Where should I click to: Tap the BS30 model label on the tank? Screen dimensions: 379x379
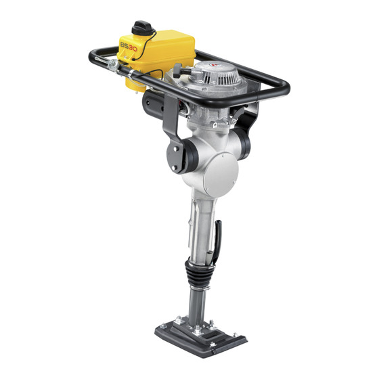(129, 47)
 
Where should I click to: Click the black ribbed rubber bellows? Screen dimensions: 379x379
(198, 275)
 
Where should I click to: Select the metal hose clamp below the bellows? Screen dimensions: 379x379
(200, 288)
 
